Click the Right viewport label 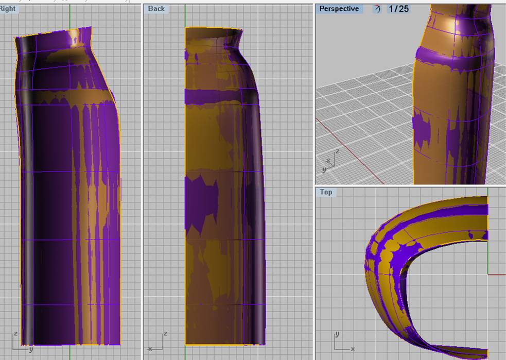[x=7, y=9]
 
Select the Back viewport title [x=156, y=9]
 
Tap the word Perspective [x=339, y=9]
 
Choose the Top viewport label [x=326, y=192]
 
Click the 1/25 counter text [x=399, y=9]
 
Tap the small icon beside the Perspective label [x=377, y=9]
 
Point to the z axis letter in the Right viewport [x=15, y=334]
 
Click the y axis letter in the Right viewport [x=31, y=349]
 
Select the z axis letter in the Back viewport [x=165, y=334]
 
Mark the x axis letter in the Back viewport [x=150, y=349]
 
